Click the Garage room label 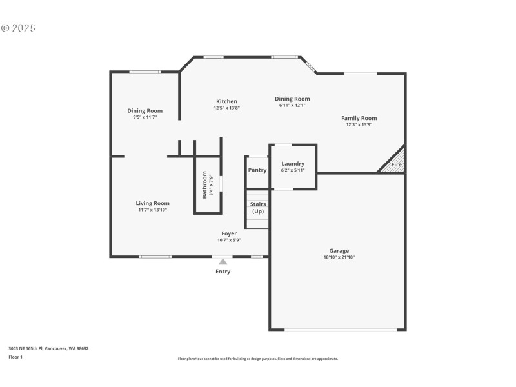tap(339, 250)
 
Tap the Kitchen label tap(226, 101)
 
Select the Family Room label tap(359, 118)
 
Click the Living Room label tap(153, 203)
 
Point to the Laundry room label tap(293, 164)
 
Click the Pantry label tap(257, 170)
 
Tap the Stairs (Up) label tap(258, 208)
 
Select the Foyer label tap(229, 233)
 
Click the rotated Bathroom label tap(205, 184)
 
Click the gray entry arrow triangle tap(223, 261)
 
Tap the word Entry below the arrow tap(223, 272)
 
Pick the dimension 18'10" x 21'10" tap(339, 257)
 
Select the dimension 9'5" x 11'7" tap(145, 117)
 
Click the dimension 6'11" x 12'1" tap(294, 105)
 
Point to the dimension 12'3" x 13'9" tap(359, 124)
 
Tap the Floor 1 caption tap(15, 357)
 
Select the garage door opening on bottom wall tap(341, 330)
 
